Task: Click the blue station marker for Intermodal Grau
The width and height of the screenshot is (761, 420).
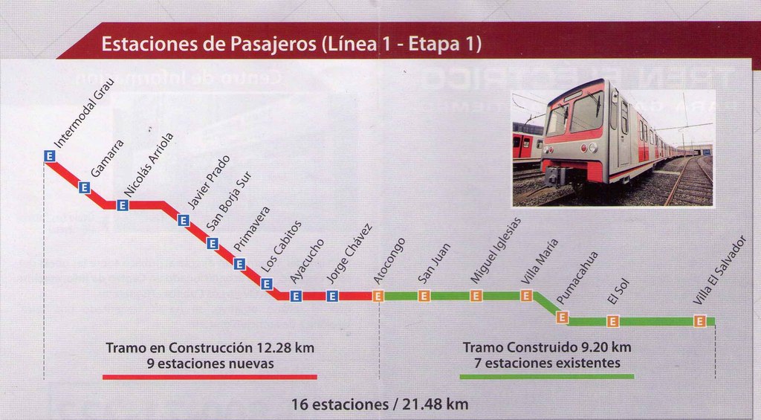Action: [49, 156]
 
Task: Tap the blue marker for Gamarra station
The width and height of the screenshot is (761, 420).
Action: [84, 187]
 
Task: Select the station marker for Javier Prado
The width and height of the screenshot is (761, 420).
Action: [184, 220]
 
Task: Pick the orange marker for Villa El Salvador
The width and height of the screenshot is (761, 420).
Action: [699, 321]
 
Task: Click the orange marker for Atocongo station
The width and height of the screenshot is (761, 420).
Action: [378, 296]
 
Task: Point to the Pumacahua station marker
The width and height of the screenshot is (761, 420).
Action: [562, 317]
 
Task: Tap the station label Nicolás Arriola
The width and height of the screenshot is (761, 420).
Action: [149, 164]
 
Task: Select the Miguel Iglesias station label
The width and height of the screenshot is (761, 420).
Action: [496, 250]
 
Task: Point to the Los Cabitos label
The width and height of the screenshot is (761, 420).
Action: [281, 245]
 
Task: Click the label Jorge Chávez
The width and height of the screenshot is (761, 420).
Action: [349, 253]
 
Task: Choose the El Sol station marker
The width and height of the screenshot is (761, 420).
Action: [612, 321]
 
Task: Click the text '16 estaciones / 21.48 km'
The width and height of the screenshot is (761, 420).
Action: [380, 404]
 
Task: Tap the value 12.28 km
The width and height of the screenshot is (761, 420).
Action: [285, 347]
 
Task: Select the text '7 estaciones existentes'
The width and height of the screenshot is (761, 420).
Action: [547, 364]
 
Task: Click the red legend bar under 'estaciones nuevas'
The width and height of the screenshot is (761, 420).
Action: [210, 377]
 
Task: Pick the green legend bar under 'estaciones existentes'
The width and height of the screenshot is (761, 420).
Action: [547, 377]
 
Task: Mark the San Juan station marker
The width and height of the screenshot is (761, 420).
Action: [424, 296]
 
